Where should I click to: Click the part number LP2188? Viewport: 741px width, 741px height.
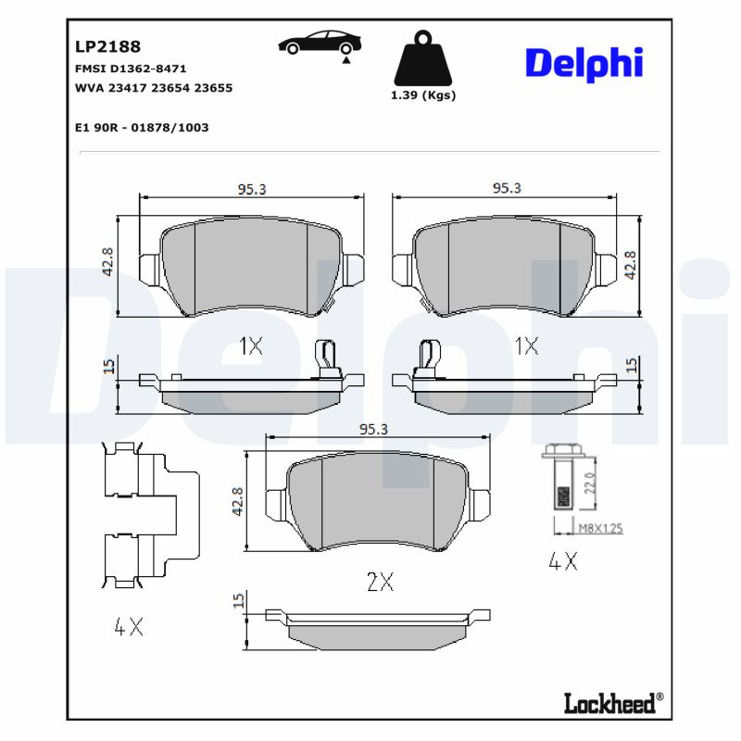click(107, 44)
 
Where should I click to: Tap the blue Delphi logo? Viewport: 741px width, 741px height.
click(584, 62)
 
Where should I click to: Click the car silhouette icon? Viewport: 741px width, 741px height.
click(320, 44)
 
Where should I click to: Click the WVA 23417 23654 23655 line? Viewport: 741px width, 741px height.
click(153, 88)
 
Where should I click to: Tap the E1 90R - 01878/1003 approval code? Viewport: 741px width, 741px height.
click(141, 127)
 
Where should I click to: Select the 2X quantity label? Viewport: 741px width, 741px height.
click(380, 583)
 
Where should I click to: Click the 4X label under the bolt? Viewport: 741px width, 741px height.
click(562, 560)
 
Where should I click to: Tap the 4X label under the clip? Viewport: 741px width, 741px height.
click(129, 627)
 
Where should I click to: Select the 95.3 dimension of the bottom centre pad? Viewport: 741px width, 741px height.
click(372, 429)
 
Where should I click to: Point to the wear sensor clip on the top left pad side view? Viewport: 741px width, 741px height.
click(325, 358)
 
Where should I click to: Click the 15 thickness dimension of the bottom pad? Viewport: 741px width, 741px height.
click(239, 602)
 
